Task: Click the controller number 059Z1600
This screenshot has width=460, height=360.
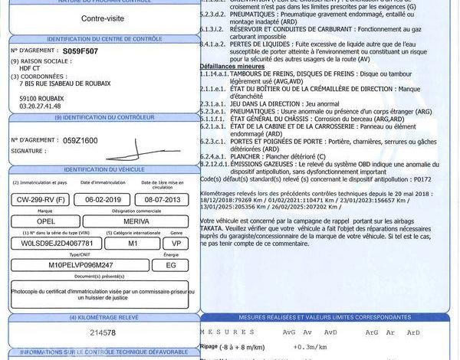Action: click(80, 141)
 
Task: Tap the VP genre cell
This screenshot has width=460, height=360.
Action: click(176, 242)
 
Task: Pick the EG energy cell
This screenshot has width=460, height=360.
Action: click(176, 265)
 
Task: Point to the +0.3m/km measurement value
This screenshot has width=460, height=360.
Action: click(307, 346)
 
